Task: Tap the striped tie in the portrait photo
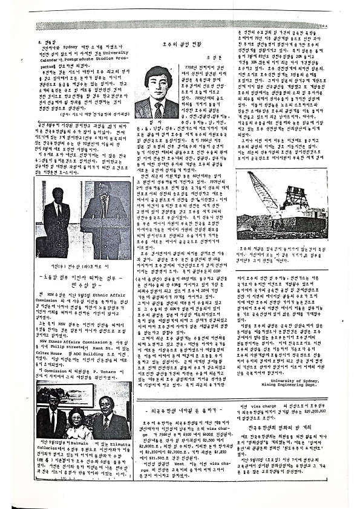[x=158, y=109]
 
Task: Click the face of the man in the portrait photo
[x=158, y=88]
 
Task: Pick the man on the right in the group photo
[x=108, y=417]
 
